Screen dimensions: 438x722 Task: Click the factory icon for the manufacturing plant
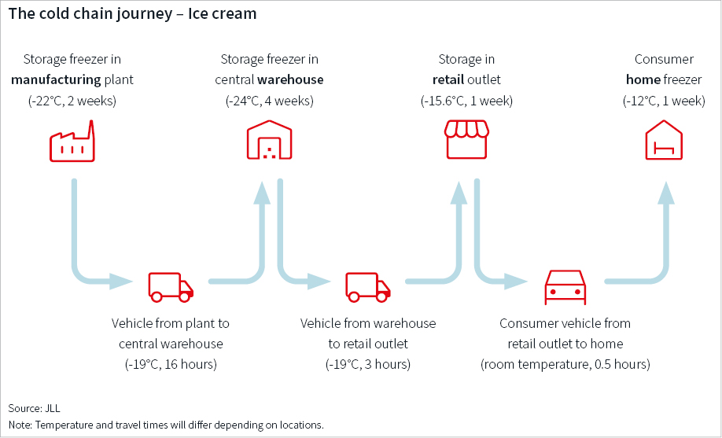[72, 142]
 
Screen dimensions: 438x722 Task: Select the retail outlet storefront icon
[467, 140]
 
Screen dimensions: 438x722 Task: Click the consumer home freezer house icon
[664, 141]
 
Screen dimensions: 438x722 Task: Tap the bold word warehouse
[290, 79]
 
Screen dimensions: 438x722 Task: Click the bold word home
[643, 79]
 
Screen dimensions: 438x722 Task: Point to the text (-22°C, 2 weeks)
[72, 100]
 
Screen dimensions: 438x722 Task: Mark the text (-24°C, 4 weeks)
[270, 100]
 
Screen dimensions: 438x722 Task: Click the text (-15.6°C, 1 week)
[467, 100]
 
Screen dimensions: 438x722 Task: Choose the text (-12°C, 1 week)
[664, 100]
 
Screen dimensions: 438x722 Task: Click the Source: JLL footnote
[34, 407]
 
